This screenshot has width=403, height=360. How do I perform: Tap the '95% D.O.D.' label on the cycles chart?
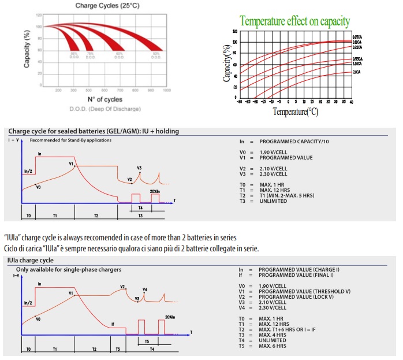click(74, 55)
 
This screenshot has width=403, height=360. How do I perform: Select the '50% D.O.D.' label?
click(155, 55)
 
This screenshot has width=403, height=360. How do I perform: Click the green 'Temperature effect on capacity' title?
click(295, 22)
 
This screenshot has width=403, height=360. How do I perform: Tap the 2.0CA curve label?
click(356, 72)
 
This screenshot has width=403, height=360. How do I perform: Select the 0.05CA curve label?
click(356, 37)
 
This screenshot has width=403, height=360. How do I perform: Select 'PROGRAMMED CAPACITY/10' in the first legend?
click(294, 141)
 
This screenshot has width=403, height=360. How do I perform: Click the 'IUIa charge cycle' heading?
click(32, 261)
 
